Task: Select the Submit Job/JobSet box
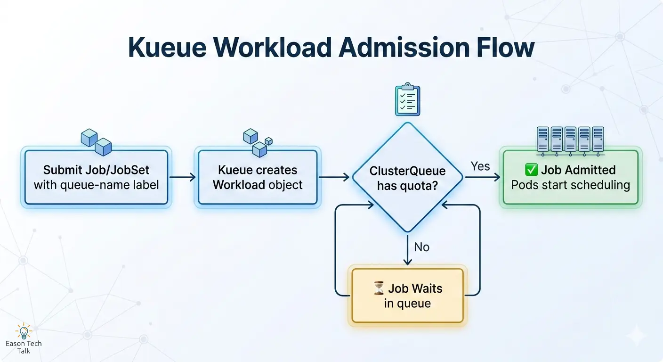(x=96, y=177)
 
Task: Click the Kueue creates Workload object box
(x=258, y=177)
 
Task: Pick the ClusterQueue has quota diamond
(x=407, y=177)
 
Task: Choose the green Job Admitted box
(x=570, y=177)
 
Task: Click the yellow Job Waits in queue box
(x=407, y=296)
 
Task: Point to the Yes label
(x=480, y=166)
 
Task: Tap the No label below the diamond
(x=421, y=247)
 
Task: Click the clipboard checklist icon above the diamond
(x=407, y=100)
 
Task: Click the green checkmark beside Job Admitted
(x=531, y=170)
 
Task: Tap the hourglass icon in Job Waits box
(x=378, y=288)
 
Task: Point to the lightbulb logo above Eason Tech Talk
(x=24, y=331)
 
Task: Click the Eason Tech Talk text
(x=24, y=347)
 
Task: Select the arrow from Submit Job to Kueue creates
(x=183, y=177)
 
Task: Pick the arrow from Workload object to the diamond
(x=334, y=177)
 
